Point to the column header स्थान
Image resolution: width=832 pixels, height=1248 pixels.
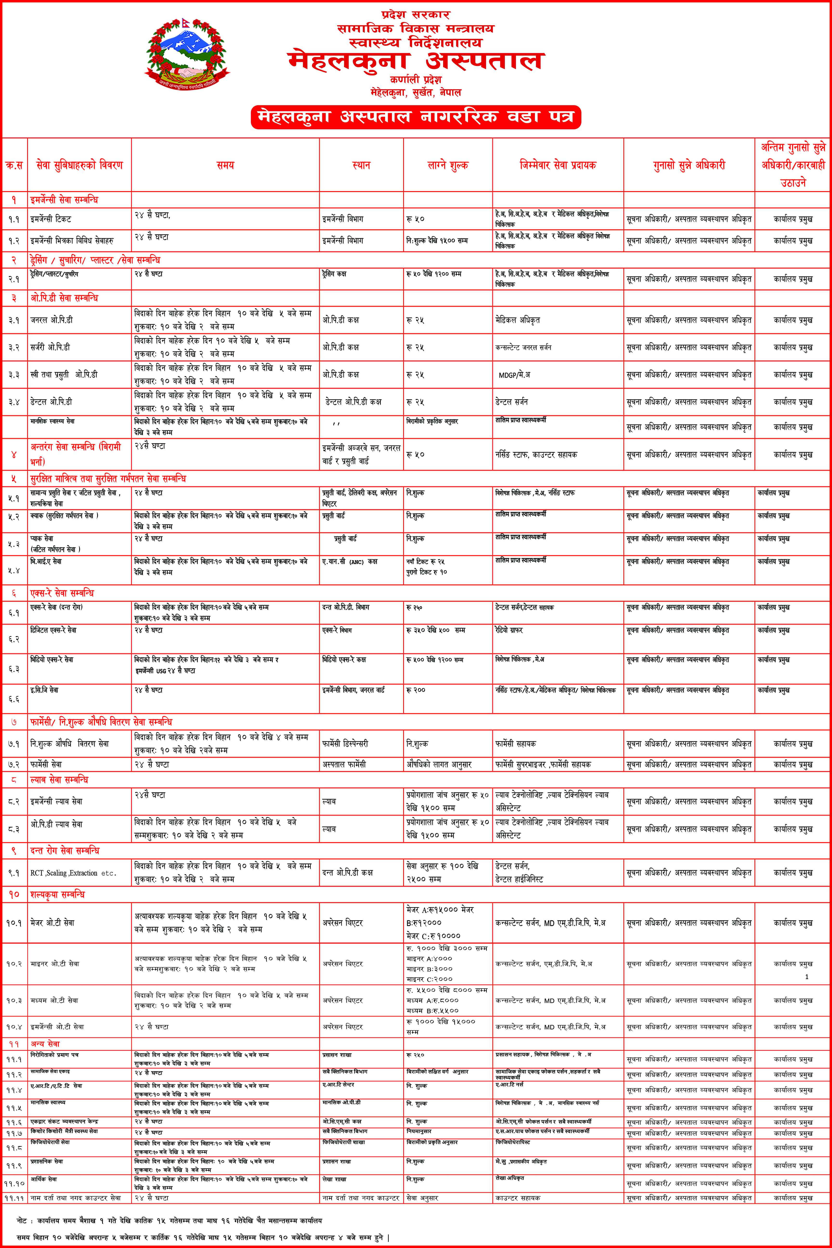[361, 165]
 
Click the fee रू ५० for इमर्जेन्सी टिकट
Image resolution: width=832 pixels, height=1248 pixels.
[416, 219]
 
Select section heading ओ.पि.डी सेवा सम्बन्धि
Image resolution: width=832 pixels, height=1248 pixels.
[64, 298]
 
